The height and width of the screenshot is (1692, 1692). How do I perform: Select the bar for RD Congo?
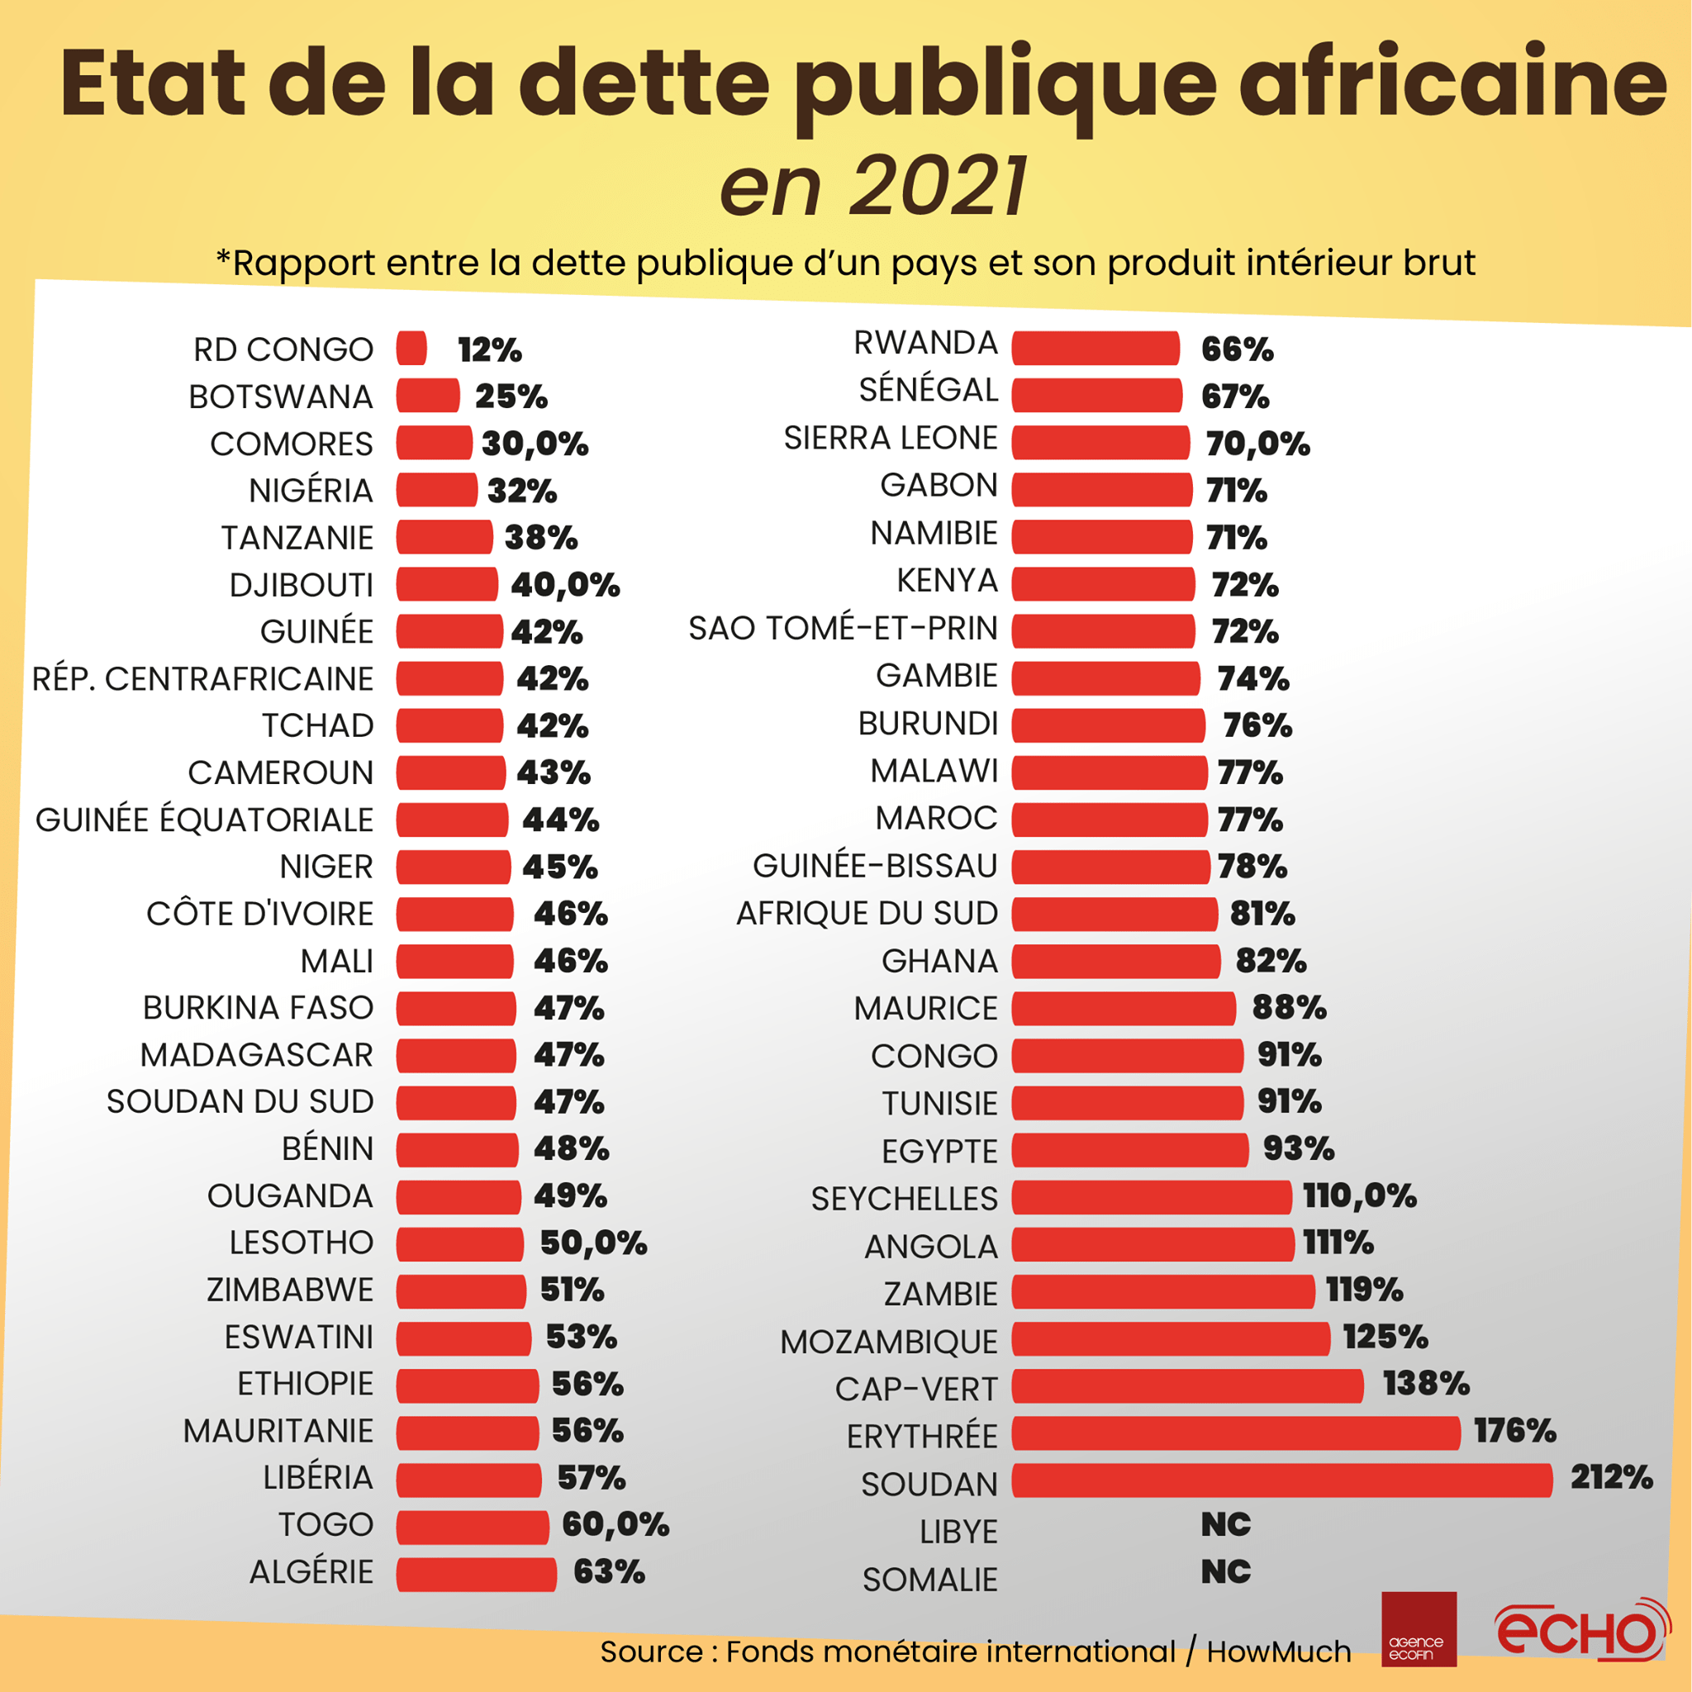[411, 349]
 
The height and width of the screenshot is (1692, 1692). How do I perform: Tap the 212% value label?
[1610, 1477]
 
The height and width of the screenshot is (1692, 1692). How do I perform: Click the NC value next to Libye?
[1225, 1525]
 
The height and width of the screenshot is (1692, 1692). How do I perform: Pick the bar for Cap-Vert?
[1186, 1386]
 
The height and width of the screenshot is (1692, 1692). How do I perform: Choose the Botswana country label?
[280, 397]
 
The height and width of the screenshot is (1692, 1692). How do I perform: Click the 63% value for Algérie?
[609, 1572]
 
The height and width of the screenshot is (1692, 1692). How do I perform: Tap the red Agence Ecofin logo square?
[1419, 1629]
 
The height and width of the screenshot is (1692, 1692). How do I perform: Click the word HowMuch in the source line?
[1279, 1652]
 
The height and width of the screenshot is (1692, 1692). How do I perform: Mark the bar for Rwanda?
[1096, 349]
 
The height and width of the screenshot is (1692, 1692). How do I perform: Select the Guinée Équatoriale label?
[204, 820]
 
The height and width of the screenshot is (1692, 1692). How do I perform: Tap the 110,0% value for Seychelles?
[1359, 1195]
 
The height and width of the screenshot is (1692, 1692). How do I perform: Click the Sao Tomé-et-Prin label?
[843, 629]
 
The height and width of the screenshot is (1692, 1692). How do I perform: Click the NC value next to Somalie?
[1225, 1572]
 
